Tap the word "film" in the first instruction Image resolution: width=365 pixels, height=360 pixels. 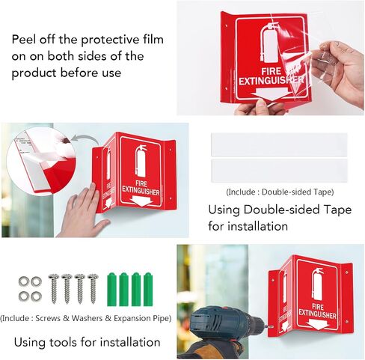153,40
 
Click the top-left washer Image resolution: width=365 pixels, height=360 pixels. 24,281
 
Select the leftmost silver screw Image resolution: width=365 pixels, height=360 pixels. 54,289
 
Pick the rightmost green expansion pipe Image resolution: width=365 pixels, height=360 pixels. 148,290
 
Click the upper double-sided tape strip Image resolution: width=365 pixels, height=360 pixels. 279,144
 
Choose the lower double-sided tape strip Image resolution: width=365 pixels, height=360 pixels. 279,171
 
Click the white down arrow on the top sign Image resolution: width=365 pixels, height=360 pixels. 269,94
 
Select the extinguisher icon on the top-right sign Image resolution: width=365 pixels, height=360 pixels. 269,43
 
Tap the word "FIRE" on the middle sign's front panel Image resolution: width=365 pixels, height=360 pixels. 141,184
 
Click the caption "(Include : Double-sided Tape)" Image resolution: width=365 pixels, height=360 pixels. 280,192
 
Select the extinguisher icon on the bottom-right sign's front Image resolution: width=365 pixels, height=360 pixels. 317,284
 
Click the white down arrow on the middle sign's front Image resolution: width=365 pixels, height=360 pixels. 141,201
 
